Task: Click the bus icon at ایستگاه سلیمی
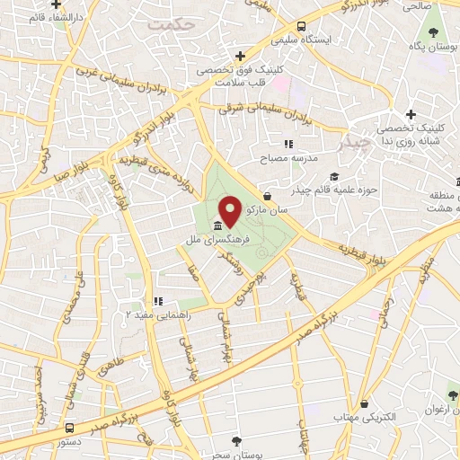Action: (300, 26)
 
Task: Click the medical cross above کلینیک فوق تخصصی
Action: (239, 56)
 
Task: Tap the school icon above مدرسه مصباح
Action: (288, 144)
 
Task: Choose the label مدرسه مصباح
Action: (288, 158)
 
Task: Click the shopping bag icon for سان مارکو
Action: (267, 196)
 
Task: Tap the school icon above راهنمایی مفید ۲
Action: (157, 302)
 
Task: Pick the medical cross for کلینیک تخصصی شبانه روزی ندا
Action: (411, 114)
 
